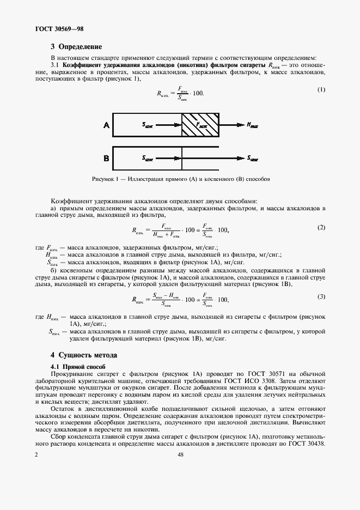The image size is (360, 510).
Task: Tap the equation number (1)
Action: pyautogui.click(x=321, y=90)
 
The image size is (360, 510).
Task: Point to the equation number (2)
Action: pyautogui.click(x=321, y=227)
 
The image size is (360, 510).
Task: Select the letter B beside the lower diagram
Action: pyautogui.click(x=106, y=159)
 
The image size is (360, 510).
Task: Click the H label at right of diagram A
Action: pyautogui.click(x=252, y=125)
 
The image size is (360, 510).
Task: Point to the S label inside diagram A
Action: pyautogui.click(x=148, y=125)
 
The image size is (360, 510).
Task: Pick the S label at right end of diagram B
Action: pyautogui.click(x=252, y=159)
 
